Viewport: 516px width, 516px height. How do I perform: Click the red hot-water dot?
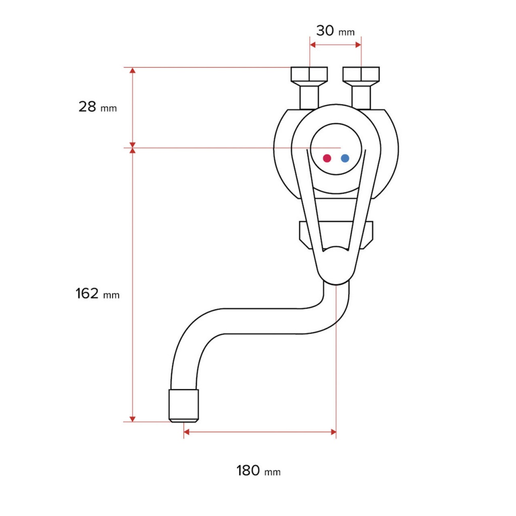tap(327, 158)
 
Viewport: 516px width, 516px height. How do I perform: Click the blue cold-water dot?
tap(345, 158)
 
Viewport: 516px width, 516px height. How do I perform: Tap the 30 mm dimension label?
tap(335, 31)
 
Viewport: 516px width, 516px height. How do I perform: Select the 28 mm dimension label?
tap(98, 107)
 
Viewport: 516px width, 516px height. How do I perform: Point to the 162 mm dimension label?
tap(97, 294)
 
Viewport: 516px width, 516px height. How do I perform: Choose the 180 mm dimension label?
tap(259, 471)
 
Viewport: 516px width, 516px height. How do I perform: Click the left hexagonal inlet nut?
tap(309, 75)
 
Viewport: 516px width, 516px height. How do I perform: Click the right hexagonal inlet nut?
tap(361, 75)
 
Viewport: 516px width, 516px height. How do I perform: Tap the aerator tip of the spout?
tap(183, 406)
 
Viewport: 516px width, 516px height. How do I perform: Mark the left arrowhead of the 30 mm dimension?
tap(312, 45)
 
